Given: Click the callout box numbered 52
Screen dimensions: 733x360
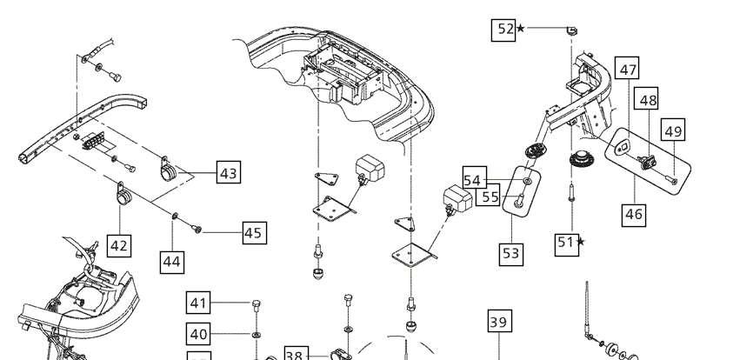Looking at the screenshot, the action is point(503,30).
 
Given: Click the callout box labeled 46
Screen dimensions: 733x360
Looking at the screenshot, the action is point(634,215).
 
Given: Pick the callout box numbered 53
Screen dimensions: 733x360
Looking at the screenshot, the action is point(511,254).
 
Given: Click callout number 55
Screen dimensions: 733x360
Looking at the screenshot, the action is point(488,195).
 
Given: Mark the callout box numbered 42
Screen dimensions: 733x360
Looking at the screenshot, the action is point(119,245).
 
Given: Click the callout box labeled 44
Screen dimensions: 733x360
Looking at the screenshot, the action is point(172,263).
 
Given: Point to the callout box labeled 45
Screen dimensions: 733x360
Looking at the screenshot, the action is point(255,232).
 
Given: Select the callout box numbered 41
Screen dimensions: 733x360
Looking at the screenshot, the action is point(198,303).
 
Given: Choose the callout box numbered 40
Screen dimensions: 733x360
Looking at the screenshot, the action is point(198,334).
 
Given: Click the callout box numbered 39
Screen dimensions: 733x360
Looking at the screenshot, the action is point(499,321).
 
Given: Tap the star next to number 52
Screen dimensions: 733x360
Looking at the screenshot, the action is point(520,29).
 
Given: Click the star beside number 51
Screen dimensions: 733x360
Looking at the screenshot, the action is point(581,242).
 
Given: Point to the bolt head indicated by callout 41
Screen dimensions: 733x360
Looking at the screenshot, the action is point(257,303).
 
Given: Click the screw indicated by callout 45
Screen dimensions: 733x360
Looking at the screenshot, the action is point(197,229).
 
